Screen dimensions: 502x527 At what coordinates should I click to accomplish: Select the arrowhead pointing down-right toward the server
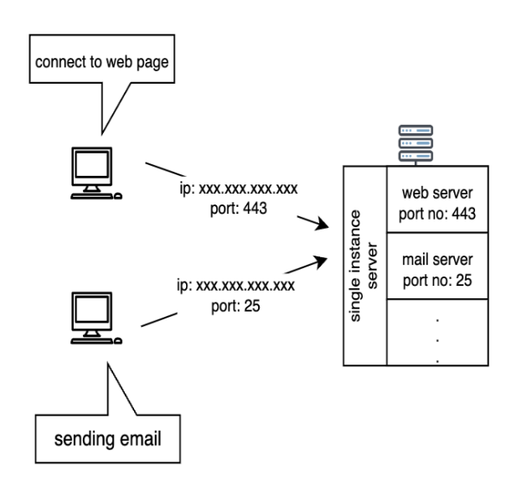[316, 225]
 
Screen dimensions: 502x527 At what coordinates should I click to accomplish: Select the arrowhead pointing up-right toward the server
[319, 261]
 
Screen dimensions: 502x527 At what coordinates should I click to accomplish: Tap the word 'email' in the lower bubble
[133, 437]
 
